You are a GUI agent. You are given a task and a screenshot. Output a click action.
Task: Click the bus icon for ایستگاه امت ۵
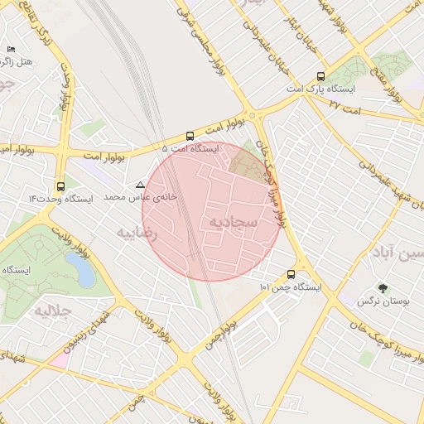point(190,137)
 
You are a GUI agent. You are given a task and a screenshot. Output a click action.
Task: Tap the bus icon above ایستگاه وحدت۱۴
point(60,187)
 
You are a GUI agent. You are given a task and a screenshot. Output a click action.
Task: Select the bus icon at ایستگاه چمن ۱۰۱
point(291,275)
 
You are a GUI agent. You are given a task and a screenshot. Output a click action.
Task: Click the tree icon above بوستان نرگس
point(382,289)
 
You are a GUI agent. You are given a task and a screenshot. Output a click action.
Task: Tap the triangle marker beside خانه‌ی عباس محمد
point(140,184)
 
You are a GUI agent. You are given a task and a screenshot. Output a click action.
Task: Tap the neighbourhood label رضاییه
point(137,233)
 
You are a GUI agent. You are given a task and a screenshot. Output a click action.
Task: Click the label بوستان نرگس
point(379,301)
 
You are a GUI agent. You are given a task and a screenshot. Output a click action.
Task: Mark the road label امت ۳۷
point(345,104)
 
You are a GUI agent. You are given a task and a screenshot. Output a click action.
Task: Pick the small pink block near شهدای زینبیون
point(59,361)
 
